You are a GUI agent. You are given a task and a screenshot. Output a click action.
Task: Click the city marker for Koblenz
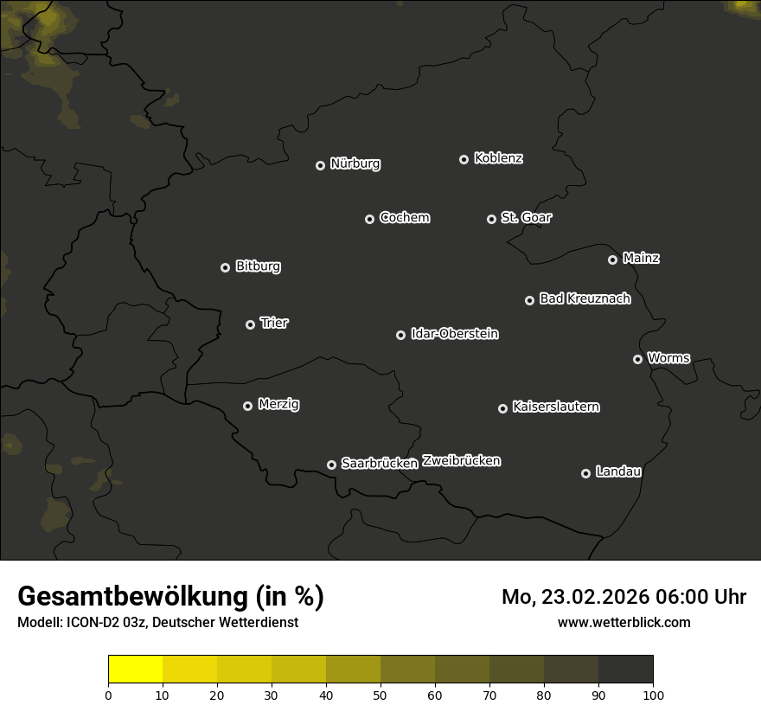[464, 159]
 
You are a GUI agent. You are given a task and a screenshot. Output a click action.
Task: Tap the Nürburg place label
[355, 163]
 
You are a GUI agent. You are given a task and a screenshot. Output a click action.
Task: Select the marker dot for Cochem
[369, 219]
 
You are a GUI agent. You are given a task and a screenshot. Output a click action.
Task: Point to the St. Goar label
[526, 218]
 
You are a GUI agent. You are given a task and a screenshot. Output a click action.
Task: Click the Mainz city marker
[612, 260]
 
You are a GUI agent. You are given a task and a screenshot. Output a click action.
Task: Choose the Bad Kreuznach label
[585, 298]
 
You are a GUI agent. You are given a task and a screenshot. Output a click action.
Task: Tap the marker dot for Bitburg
[225, 267]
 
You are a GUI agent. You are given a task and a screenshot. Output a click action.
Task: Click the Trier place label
[274, 323]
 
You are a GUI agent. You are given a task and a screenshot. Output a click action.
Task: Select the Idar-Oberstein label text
[454, 334]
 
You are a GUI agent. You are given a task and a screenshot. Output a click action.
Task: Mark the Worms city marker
[637, 359]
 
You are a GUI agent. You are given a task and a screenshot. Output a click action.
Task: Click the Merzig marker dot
[247, 406]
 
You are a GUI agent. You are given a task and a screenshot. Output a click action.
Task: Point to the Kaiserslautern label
[555, 407]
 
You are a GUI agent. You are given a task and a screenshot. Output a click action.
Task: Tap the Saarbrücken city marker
[331, 465]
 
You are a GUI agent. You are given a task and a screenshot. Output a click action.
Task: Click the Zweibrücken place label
[461, 461]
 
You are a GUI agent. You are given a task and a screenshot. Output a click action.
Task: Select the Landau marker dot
[585, 473]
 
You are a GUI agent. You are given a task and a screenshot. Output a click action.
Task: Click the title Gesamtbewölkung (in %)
[170, 597]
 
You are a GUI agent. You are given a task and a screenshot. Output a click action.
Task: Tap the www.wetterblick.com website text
[624, 622]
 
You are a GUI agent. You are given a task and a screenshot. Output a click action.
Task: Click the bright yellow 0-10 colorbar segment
[135, 670]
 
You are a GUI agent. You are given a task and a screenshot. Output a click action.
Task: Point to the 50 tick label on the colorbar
[380, 695]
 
